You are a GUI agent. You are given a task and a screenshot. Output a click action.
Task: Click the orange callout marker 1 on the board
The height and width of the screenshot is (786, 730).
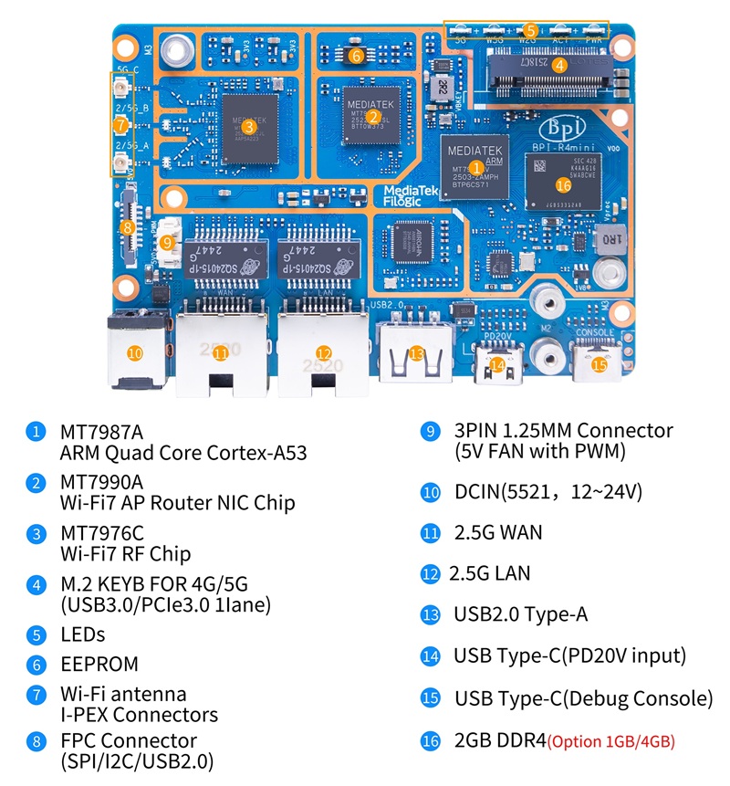pos(474,167)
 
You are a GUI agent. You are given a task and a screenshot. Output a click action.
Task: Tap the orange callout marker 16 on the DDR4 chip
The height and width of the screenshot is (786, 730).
pos(563,184)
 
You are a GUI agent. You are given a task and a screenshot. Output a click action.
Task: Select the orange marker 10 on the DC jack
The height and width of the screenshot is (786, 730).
pos(134,352)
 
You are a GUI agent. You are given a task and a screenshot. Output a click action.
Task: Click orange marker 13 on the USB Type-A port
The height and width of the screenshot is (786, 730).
pos(416,353)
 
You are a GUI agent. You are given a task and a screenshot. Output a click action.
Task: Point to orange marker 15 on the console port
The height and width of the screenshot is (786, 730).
pos(599,364)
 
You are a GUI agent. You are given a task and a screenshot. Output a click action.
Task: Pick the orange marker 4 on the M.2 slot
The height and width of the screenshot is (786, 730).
pos(560,64)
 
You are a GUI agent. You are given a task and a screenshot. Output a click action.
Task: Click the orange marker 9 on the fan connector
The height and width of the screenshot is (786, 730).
pos(166,243)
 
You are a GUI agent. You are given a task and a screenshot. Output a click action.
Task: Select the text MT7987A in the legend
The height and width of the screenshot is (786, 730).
pos(101,430)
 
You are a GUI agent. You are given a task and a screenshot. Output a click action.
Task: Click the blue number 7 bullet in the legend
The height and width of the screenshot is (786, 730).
pos(36,695)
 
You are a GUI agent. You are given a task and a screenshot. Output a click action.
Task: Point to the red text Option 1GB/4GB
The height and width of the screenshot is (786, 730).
pos(611,741)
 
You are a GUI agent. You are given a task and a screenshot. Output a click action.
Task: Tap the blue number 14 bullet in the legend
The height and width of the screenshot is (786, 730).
pos(431,655)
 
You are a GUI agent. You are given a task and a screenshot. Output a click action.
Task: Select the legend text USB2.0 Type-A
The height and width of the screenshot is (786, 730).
pos(520,614)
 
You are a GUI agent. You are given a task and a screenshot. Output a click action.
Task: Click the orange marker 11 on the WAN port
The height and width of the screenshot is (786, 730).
pos(220,353)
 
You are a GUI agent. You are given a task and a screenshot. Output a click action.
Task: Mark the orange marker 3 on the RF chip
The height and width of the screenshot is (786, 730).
pos(249,127)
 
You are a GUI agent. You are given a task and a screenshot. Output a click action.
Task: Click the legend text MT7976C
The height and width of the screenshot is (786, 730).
pos(101,532)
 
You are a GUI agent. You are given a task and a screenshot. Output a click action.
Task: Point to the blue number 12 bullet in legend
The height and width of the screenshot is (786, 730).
pos(431,574)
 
